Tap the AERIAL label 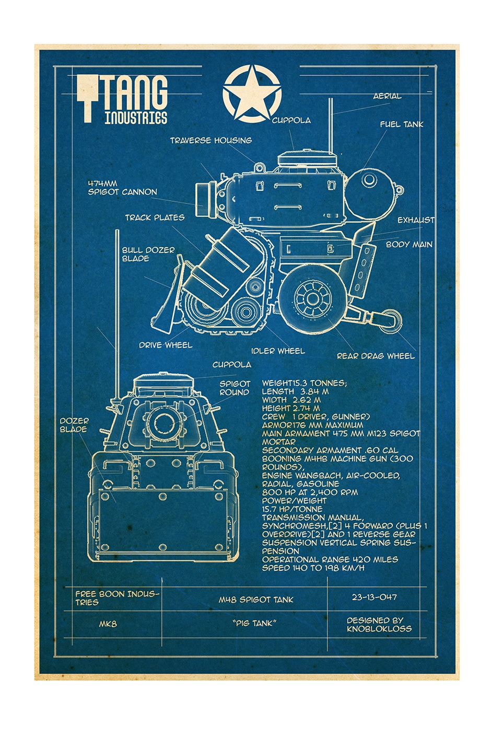point(387,96)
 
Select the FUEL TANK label point(401,124)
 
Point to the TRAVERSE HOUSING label point(211,140)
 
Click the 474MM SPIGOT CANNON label point(122,188)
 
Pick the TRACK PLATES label point(155,217)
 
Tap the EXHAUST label point(416,220)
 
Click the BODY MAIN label point(409,244)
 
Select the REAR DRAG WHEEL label point(376,356)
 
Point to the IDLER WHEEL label point(278,351)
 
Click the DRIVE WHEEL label point(166,345)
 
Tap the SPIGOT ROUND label point(235,388)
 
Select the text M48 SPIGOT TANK point(256,600)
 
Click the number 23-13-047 point(374,597)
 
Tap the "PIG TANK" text point(254,623)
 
